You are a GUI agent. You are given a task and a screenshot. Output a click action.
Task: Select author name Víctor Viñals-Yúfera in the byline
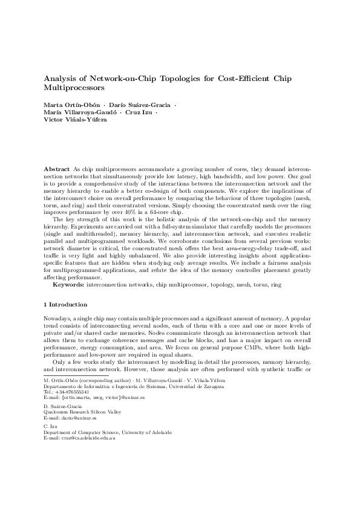click(x=76, y=120)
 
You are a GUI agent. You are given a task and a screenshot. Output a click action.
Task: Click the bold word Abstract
click(x=57, y=167)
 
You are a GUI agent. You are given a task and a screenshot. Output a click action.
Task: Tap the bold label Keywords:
click(x=68, y=284)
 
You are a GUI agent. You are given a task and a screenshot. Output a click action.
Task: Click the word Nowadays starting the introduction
click(x=59, y=317)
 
